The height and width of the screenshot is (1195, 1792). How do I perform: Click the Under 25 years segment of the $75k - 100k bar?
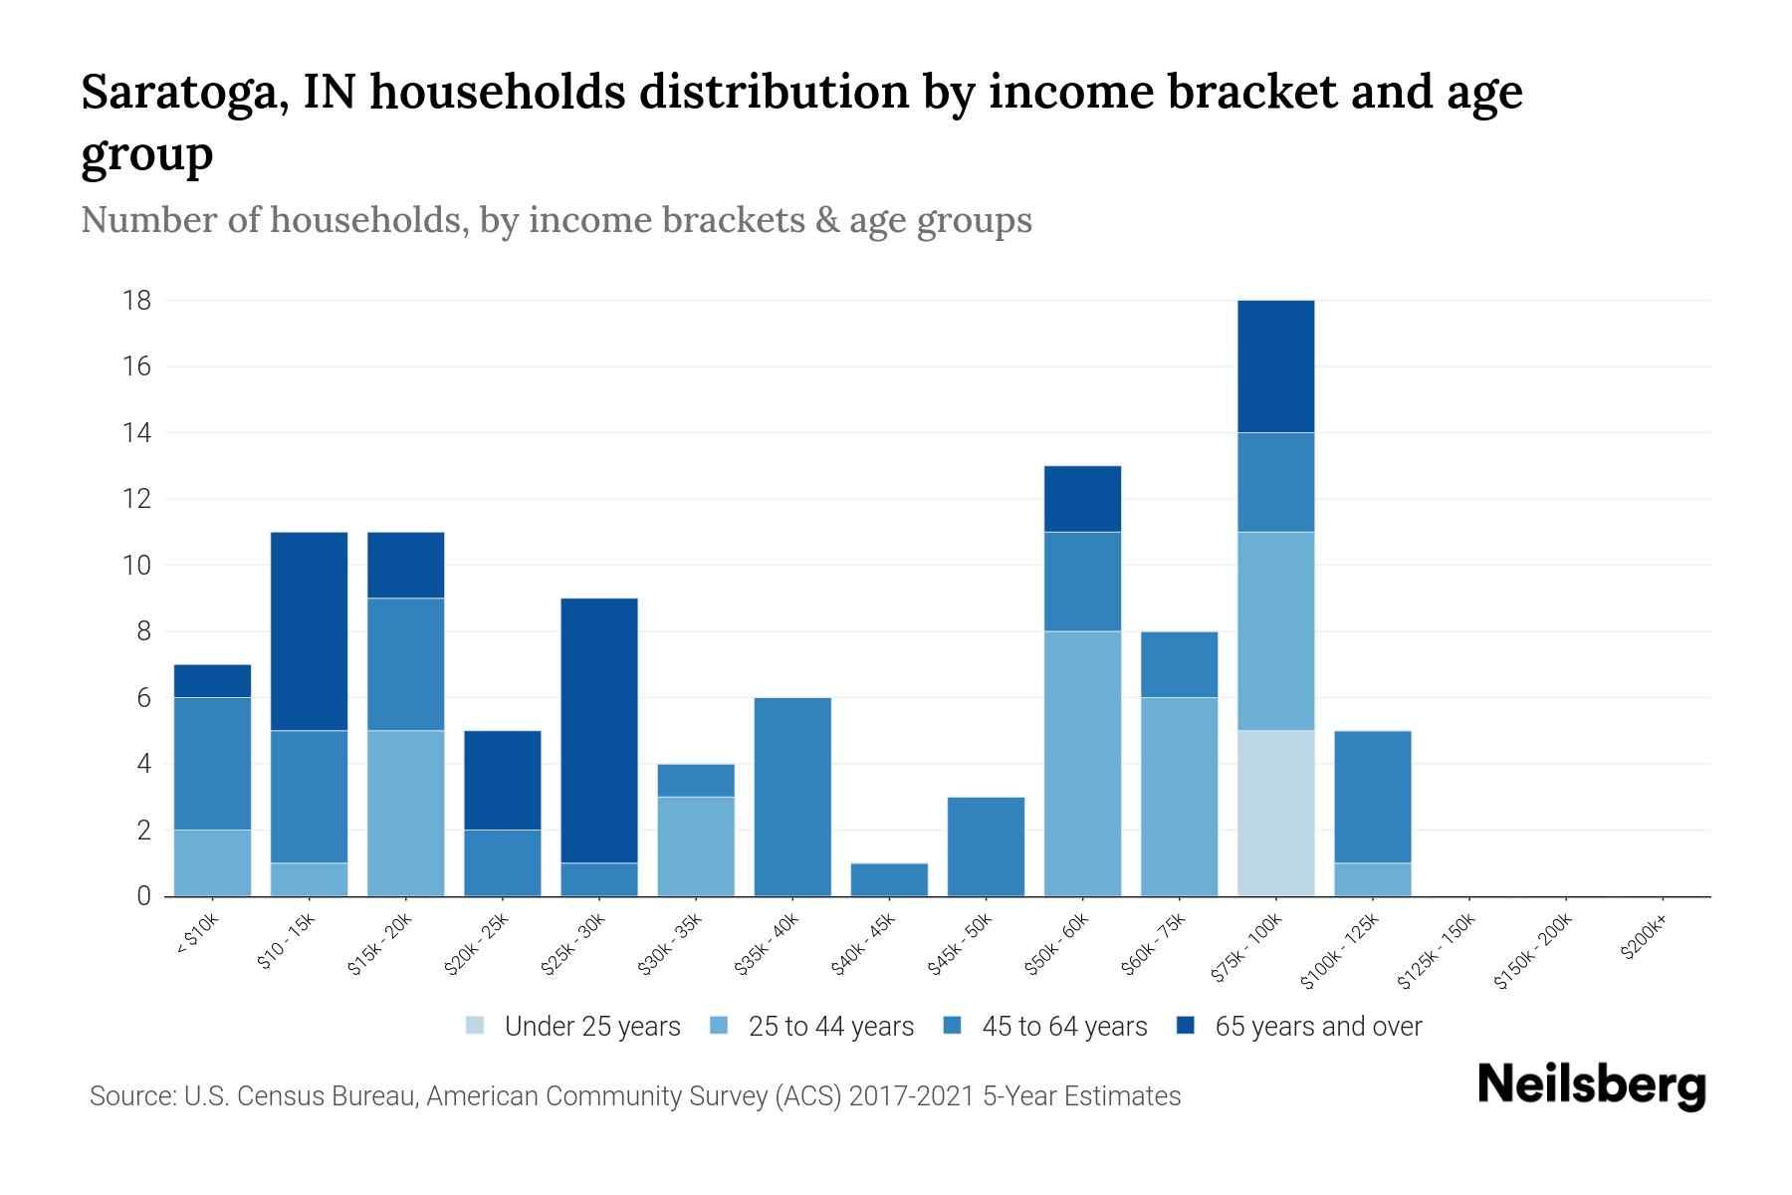click(x=1275, y=813)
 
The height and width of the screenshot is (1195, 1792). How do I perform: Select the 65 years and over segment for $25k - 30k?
click(x=599, y=730)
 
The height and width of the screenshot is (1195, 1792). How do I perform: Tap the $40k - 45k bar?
click(x=889, y=879)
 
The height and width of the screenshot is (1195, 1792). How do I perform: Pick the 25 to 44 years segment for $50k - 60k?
click(x=1082, y=763)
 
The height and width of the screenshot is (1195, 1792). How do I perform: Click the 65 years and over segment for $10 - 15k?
click(x=309, y=631)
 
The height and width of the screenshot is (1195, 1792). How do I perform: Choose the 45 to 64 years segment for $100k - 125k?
click(x=1373, y=797)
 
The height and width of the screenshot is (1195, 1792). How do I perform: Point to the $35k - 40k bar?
click(x=792, y=797)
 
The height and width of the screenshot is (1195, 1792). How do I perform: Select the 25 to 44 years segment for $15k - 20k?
click(x=405, y=813)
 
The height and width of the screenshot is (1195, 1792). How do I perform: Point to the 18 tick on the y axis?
click(x=137, y=301)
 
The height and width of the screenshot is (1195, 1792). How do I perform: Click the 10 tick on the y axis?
click(x=137, y=566)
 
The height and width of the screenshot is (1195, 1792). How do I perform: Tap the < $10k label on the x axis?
click(x=197, y=937)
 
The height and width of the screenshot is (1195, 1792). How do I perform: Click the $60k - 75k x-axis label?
click(x=1154, y=945)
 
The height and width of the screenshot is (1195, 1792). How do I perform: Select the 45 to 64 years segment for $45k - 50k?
click(x=986, y=846)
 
